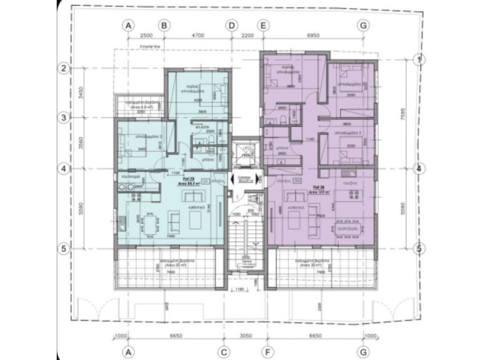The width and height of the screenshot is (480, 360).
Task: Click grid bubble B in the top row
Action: [x=164, y=26]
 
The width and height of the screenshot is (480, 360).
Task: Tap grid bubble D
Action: [x=232, y=26]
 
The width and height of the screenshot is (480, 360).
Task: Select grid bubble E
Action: [x=263, y=26]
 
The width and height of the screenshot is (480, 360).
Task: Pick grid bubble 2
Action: [x=63, y=68]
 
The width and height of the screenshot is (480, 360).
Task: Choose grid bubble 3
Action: [x=63, y=117]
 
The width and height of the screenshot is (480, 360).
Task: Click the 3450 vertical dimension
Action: [x=80, y=92]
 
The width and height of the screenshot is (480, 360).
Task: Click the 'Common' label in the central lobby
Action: [x=246, y=177]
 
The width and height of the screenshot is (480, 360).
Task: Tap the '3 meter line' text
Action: [x=152, y=46]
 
